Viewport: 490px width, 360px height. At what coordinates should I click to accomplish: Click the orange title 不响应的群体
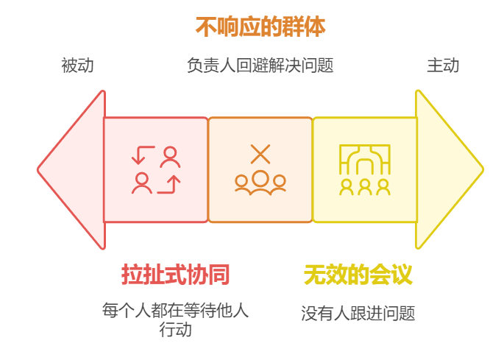point(260,27)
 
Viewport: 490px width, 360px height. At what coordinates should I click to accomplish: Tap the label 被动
point(77,66)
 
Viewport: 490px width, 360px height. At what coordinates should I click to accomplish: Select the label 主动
point(443,66)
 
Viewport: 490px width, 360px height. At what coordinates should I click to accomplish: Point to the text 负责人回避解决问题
point(260,66)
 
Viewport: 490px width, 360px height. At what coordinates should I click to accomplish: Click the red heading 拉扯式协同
point(176,275)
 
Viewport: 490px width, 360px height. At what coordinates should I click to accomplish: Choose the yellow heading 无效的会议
point(358,275)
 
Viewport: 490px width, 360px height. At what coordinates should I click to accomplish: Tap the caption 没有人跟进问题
point(358,314)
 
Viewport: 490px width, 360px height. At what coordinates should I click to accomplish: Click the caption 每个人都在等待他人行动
point(176,319)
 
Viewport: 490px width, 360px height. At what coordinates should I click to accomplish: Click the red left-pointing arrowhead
point(71,169)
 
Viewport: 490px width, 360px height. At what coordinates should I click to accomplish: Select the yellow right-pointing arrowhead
point(448,169)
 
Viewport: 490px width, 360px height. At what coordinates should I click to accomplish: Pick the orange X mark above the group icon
point(260,154)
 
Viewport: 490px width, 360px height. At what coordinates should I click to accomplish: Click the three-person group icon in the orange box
point(260,182)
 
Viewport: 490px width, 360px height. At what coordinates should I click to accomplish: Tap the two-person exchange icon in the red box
point(156,169)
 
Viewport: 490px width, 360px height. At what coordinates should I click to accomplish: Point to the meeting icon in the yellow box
point(365,169)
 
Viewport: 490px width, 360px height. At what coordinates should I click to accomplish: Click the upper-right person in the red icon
point(171,156)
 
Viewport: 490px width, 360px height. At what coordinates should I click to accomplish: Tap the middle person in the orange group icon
point(260,180)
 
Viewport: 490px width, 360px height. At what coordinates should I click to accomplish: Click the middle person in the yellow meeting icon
point(365,186)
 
